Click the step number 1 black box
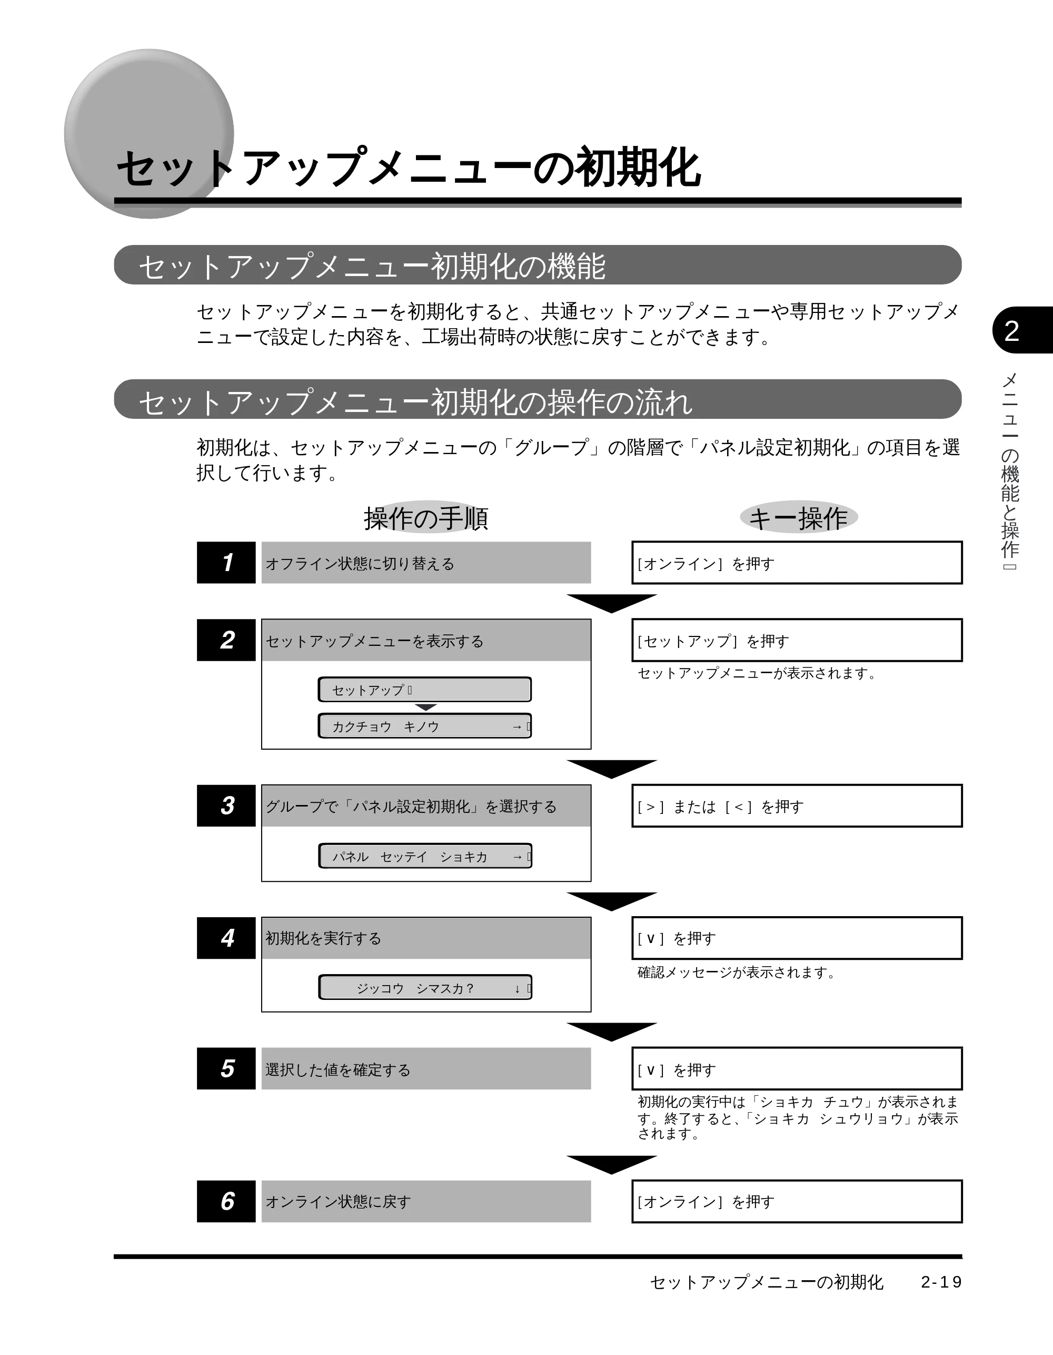pyautogui.click(x=226, y=562)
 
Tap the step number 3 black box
pyautogui.click(x=226, y=806)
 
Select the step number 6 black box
pyautogui.click(x=226, y=1201)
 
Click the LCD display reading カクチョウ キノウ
pyautogui.click(x=425, y=726)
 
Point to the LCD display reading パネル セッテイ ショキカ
pyautogui.click(x=425, y=856)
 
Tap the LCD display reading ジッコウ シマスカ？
pyautogui.click(x=425, y=988)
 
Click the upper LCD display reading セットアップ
pyautogui.click(x=425, y=689)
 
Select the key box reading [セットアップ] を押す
pyautogui.click(x=797, y=640)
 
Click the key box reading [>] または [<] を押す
pyautogui.click(x=797, y=806)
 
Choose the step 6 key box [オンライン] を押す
pyautogui.click(x=797, y=1202)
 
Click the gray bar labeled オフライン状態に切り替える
pyautogui.click(x=426, y=563)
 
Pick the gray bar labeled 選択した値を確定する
pyautogui.click(x=426, y=1069)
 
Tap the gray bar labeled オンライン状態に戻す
pyautogui.click(x=426, y=1202)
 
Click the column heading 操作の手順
pyautogui.click(x=426, y=518)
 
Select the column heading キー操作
pyautogui.click(x=798, y=518)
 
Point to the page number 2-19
pyautogui.click(x=941, y=1282)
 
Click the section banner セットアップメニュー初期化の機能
pyautogui.click(x=538, y=265)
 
